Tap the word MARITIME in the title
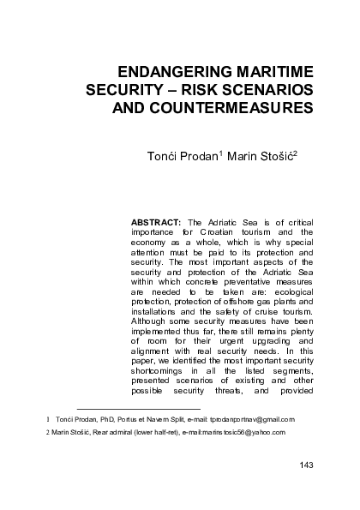271,71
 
